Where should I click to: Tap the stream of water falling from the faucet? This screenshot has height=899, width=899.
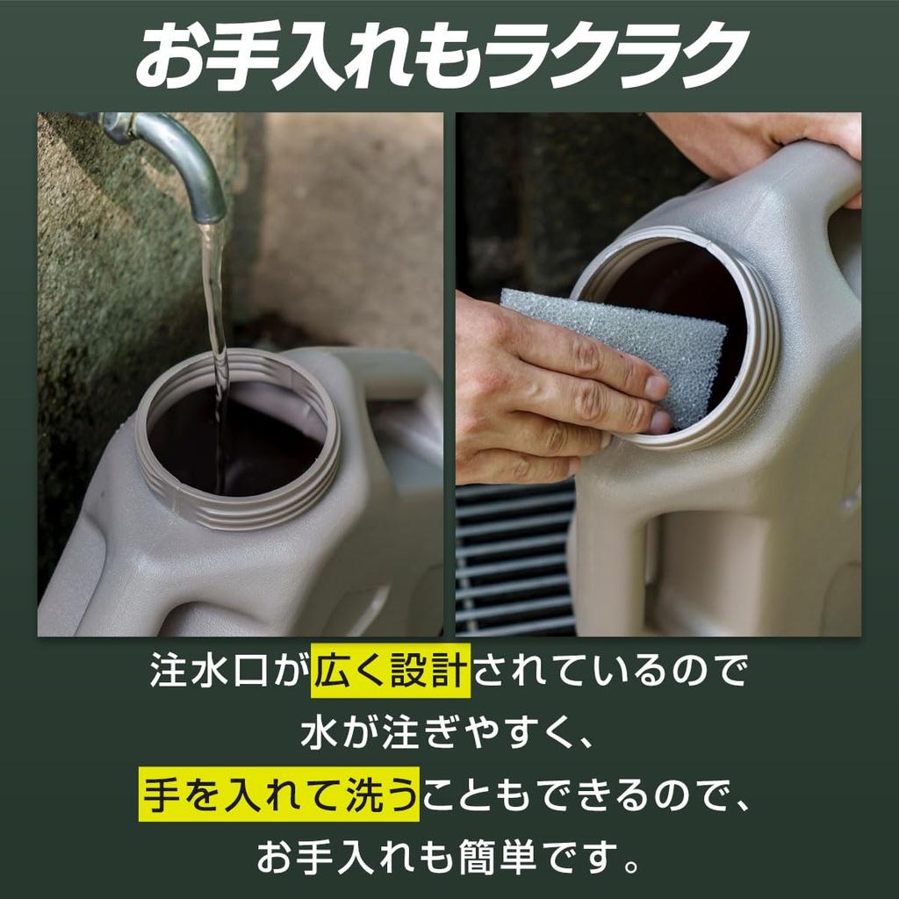click(214, 298)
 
